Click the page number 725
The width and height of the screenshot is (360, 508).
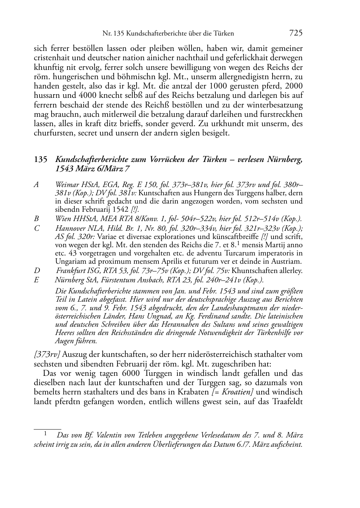[x=295, y=33]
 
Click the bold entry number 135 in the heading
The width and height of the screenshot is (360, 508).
[x=41, y=160]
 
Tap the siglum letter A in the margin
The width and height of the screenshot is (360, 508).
[x=36, y=185]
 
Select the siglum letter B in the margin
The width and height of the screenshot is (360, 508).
[x=36, y=219]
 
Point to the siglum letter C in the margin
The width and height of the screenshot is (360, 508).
[x=36, y=228]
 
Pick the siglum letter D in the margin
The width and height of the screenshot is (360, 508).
[x=37, y=271]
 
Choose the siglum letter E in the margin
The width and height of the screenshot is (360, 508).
[x=36, y=280]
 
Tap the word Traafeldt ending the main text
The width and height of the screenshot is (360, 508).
[x=287, y=401]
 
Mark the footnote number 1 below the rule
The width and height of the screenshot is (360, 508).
[x=46, y=433]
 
